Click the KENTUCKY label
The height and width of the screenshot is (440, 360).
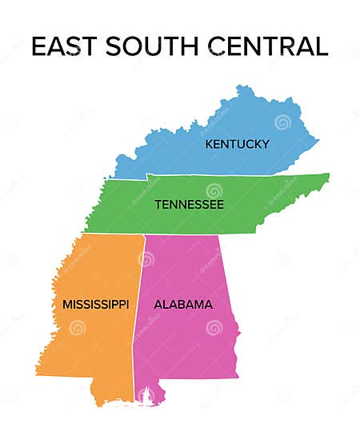[237, 144]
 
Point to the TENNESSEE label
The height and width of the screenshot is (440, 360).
[189, 205]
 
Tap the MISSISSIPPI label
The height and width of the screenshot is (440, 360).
[96, 305]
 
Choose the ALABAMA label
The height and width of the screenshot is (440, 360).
[183, 305]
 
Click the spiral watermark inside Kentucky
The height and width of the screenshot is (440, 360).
[282, 122]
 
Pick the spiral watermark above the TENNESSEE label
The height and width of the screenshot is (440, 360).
[213, 190]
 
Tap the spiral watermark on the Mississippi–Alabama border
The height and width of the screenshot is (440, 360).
[146, 258]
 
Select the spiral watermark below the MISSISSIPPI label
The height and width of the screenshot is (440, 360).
[77, 328]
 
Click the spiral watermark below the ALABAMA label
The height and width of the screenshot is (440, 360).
[214, 328]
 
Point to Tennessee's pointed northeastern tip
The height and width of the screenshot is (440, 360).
[327, 175]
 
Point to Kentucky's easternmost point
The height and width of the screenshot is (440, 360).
[318, 142]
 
